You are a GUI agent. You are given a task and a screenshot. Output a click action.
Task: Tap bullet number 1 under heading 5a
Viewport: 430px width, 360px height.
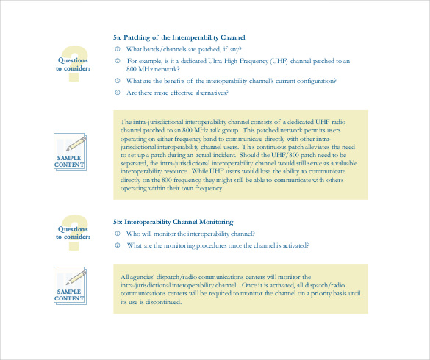[117, 48]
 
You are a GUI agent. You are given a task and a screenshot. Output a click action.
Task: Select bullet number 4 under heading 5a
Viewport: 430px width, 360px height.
[117, 93]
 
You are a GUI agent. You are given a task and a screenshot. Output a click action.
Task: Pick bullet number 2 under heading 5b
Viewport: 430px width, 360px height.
[117, 245]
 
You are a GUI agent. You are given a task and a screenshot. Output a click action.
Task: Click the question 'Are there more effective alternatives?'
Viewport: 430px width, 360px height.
[177, 93]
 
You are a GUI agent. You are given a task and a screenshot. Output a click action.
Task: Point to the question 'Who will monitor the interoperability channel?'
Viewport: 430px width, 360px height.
[190, 234]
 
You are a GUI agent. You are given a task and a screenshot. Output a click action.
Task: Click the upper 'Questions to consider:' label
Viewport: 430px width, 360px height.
[73, 64]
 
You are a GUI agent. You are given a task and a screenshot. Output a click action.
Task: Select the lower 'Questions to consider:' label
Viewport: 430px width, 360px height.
[73, 232]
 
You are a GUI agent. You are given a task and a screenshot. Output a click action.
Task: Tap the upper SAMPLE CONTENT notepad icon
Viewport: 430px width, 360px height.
[70, 151]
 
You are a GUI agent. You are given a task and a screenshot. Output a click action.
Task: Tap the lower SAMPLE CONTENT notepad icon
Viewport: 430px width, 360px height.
[70, 284]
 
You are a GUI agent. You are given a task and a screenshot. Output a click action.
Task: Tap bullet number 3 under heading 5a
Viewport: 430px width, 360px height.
[117, 81]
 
